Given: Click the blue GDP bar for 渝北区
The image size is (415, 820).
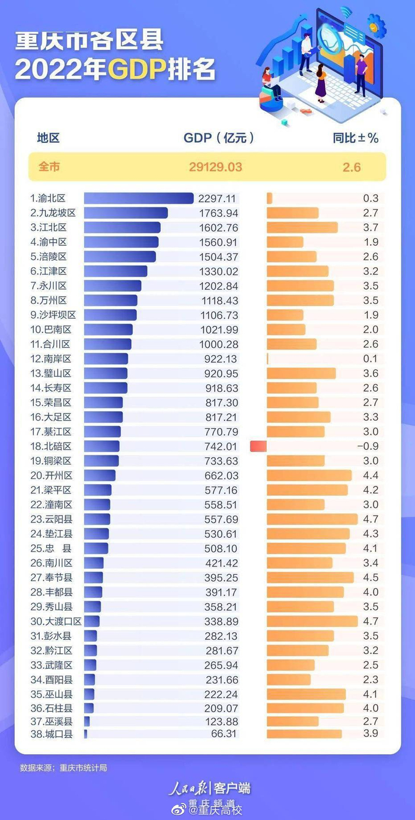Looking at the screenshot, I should pos(139,198).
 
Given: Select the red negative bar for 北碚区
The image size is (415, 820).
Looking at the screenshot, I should pos(258,446).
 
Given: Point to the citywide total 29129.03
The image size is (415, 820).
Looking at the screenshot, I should pos(216,168).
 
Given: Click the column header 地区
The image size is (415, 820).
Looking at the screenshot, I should pos(49,138).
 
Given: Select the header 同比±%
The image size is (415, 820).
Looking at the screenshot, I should pos(355,138).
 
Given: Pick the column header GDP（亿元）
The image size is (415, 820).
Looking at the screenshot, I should pos(219,138).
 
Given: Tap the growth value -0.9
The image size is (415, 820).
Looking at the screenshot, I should pos(370,446).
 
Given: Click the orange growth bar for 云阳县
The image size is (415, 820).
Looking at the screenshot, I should pos(312,519).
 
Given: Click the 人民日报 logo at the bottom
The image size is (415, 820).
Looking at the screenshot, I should pos(189,788).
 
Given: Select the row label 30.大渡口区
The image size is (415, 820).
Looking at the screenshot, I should pos(56,621).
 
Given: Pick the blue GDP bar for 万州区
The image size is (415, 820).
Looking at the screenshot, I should pos(111,301).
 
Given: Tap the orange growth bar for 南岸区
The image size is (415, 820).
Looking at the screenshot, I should pos(268,359).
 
